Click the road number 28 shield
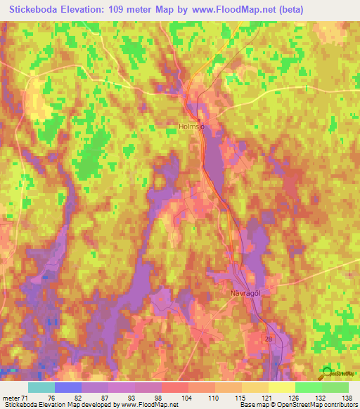tap(267, 339)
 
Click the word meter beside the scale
tap(11, 398)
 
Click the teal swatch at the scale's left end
tap(41, 387)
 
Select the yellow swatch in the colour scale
tap(281, 387)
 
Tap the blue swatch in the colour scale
tap(68, 387)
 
